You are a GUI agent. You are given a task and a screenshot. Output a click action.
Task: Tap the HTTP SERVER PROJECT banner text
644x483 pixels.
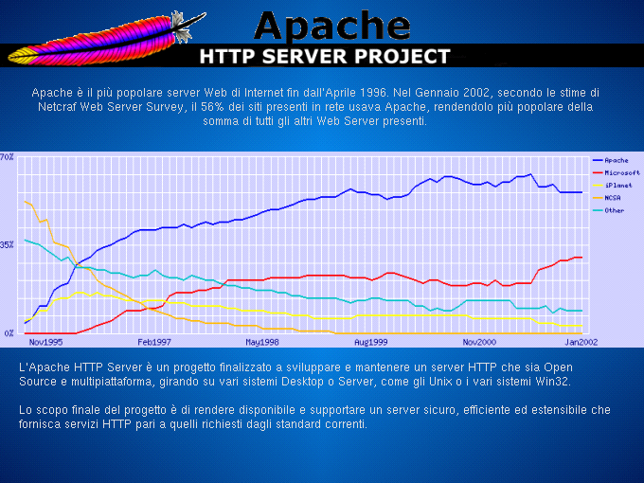324,56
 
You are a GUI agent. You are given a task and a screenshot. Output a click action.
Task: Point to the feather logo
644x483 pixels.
104,38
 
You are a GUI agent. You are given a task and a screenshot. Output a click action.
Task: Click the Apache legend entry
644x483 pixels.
616,160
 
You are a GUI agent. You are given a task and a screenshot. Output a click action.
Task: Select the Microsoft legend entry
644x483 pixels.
621,172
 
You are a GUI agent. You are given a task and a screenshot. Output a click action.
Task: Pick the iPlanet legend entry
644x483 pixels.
617,185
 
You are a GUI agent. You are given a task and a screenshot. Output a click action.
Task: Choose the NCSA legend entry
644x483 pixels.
613,197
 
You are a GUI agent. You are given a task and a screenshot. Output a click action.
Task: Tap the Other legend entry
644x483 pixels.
614,209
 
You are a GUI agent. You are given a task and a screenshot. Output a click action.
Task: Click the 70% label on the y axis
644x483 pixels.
7,155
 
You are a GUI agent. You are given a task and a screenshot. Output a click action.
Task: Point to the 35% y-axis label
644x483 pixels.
7,244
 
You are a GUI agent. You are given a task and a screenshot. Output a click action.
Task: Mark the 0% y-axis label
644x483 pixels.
7,332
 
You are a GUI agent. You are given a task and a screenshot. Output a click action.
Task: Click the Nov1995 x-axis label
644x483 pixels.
45,341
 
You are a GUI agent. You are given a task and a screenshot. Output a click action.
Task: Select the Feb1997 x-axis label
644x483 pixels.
154,341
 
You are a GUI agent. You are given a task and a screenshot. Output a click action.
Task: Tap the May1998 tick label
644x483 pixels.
262,341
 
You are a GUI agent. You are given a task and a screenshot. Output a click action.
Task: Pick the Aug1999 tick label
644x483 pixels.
371,341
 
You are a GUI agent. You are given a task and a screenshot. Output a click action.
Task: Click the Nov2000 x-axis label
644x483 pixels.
479,341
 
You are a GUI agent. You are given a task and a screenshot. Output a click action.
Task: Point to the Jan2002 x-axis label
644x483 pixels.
581,341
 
